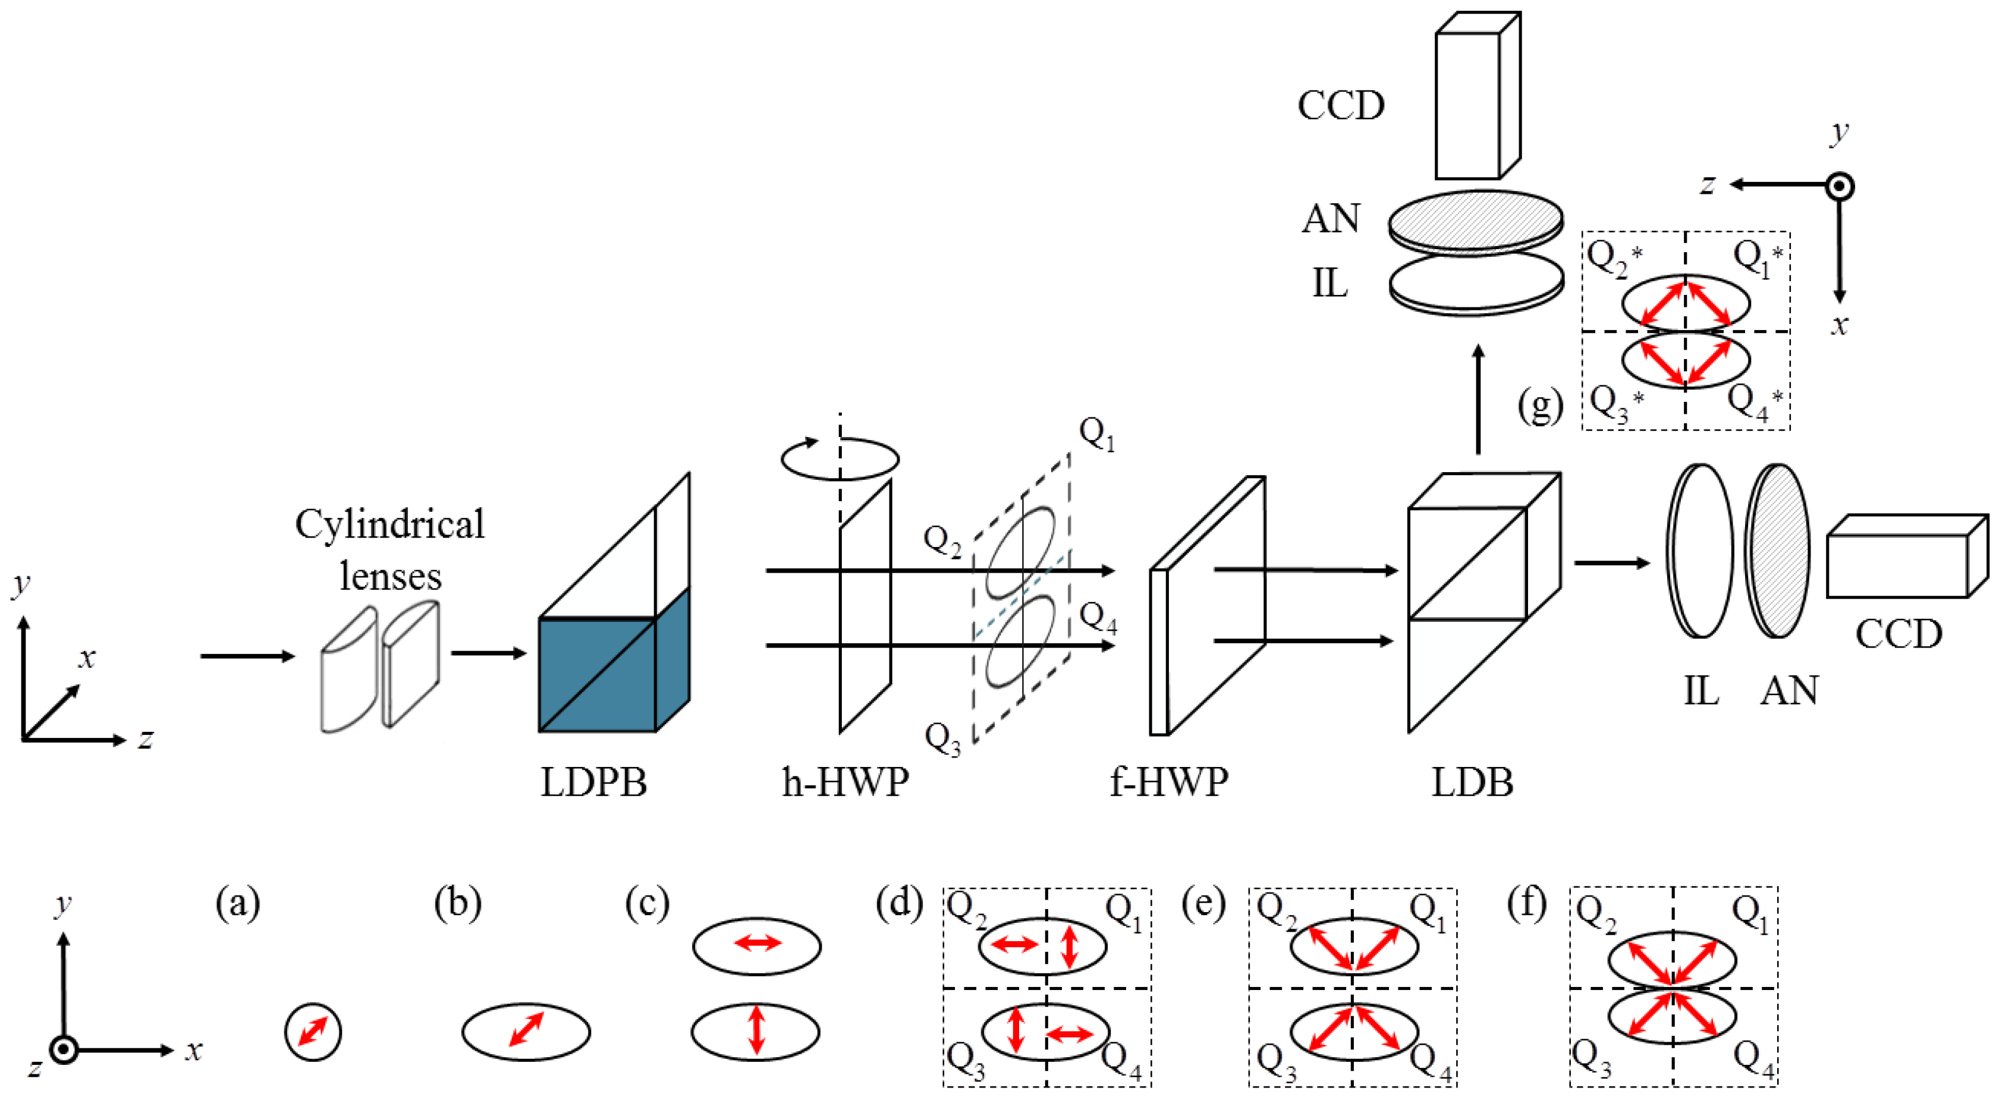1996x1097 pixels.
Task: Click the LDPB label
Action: (x=593, y=782)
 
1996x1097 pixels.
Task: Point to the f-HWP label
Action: (x=1168, y=782)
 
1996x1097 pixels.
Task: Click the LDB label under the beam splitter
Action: (x=1472, y=782)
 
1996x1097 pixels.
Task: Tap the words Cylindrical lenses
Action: (x=390, y=550)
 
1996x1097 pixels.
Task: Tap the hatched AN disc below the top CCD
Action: (x=1475, y=221)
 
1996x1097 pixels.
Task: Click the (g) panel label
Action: (x=1539, y=406)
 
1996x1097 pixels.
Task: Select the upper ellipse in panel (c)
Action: (x=756, y=945)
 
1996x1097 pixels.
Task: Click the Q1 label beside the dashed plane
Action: (x=1096, y=434)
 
